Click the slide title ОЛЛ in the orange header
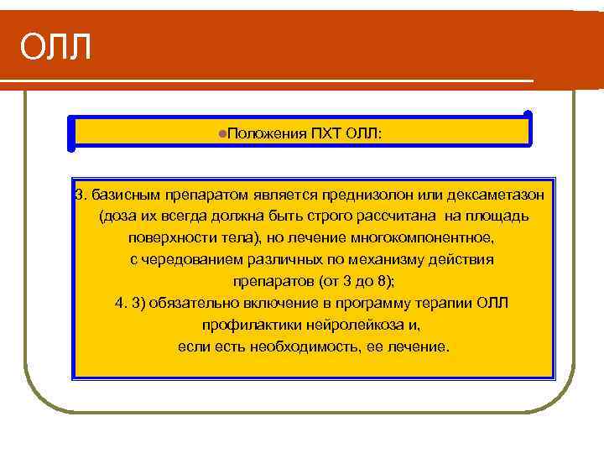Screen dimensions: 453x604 pos(55,47)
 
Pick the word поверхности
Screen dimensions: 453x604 pos(156,238)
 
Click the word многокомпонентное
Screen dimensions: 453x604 pos(435,238)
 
